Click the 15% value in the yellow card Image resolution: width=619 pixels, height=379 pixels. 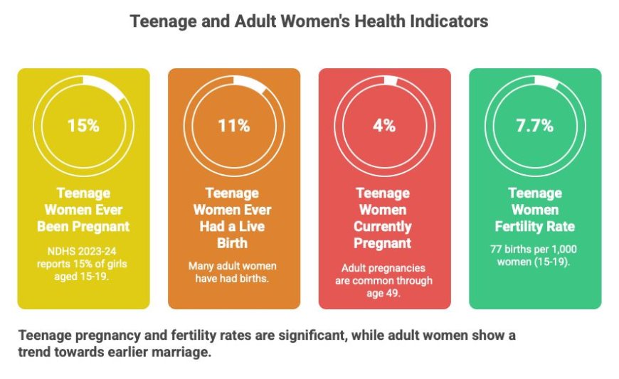(x=83, y=126)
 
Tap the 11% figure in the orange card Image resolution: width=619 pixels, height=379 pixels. (x=233, y=126)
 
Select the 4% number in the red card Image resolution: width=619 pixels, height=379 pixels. (x=384, y=126)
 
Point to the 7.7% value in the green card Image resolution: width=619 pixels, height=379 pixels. (x=534, y=126)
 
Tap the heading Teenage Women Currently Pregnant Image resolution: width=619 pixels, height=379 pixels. (x=383, y=218)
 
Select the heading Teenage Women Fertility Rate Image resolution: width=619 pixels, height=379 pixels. (x=534, y=210)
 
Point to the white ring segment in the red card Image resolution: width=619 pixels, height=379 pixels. (x=391, y=80)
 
